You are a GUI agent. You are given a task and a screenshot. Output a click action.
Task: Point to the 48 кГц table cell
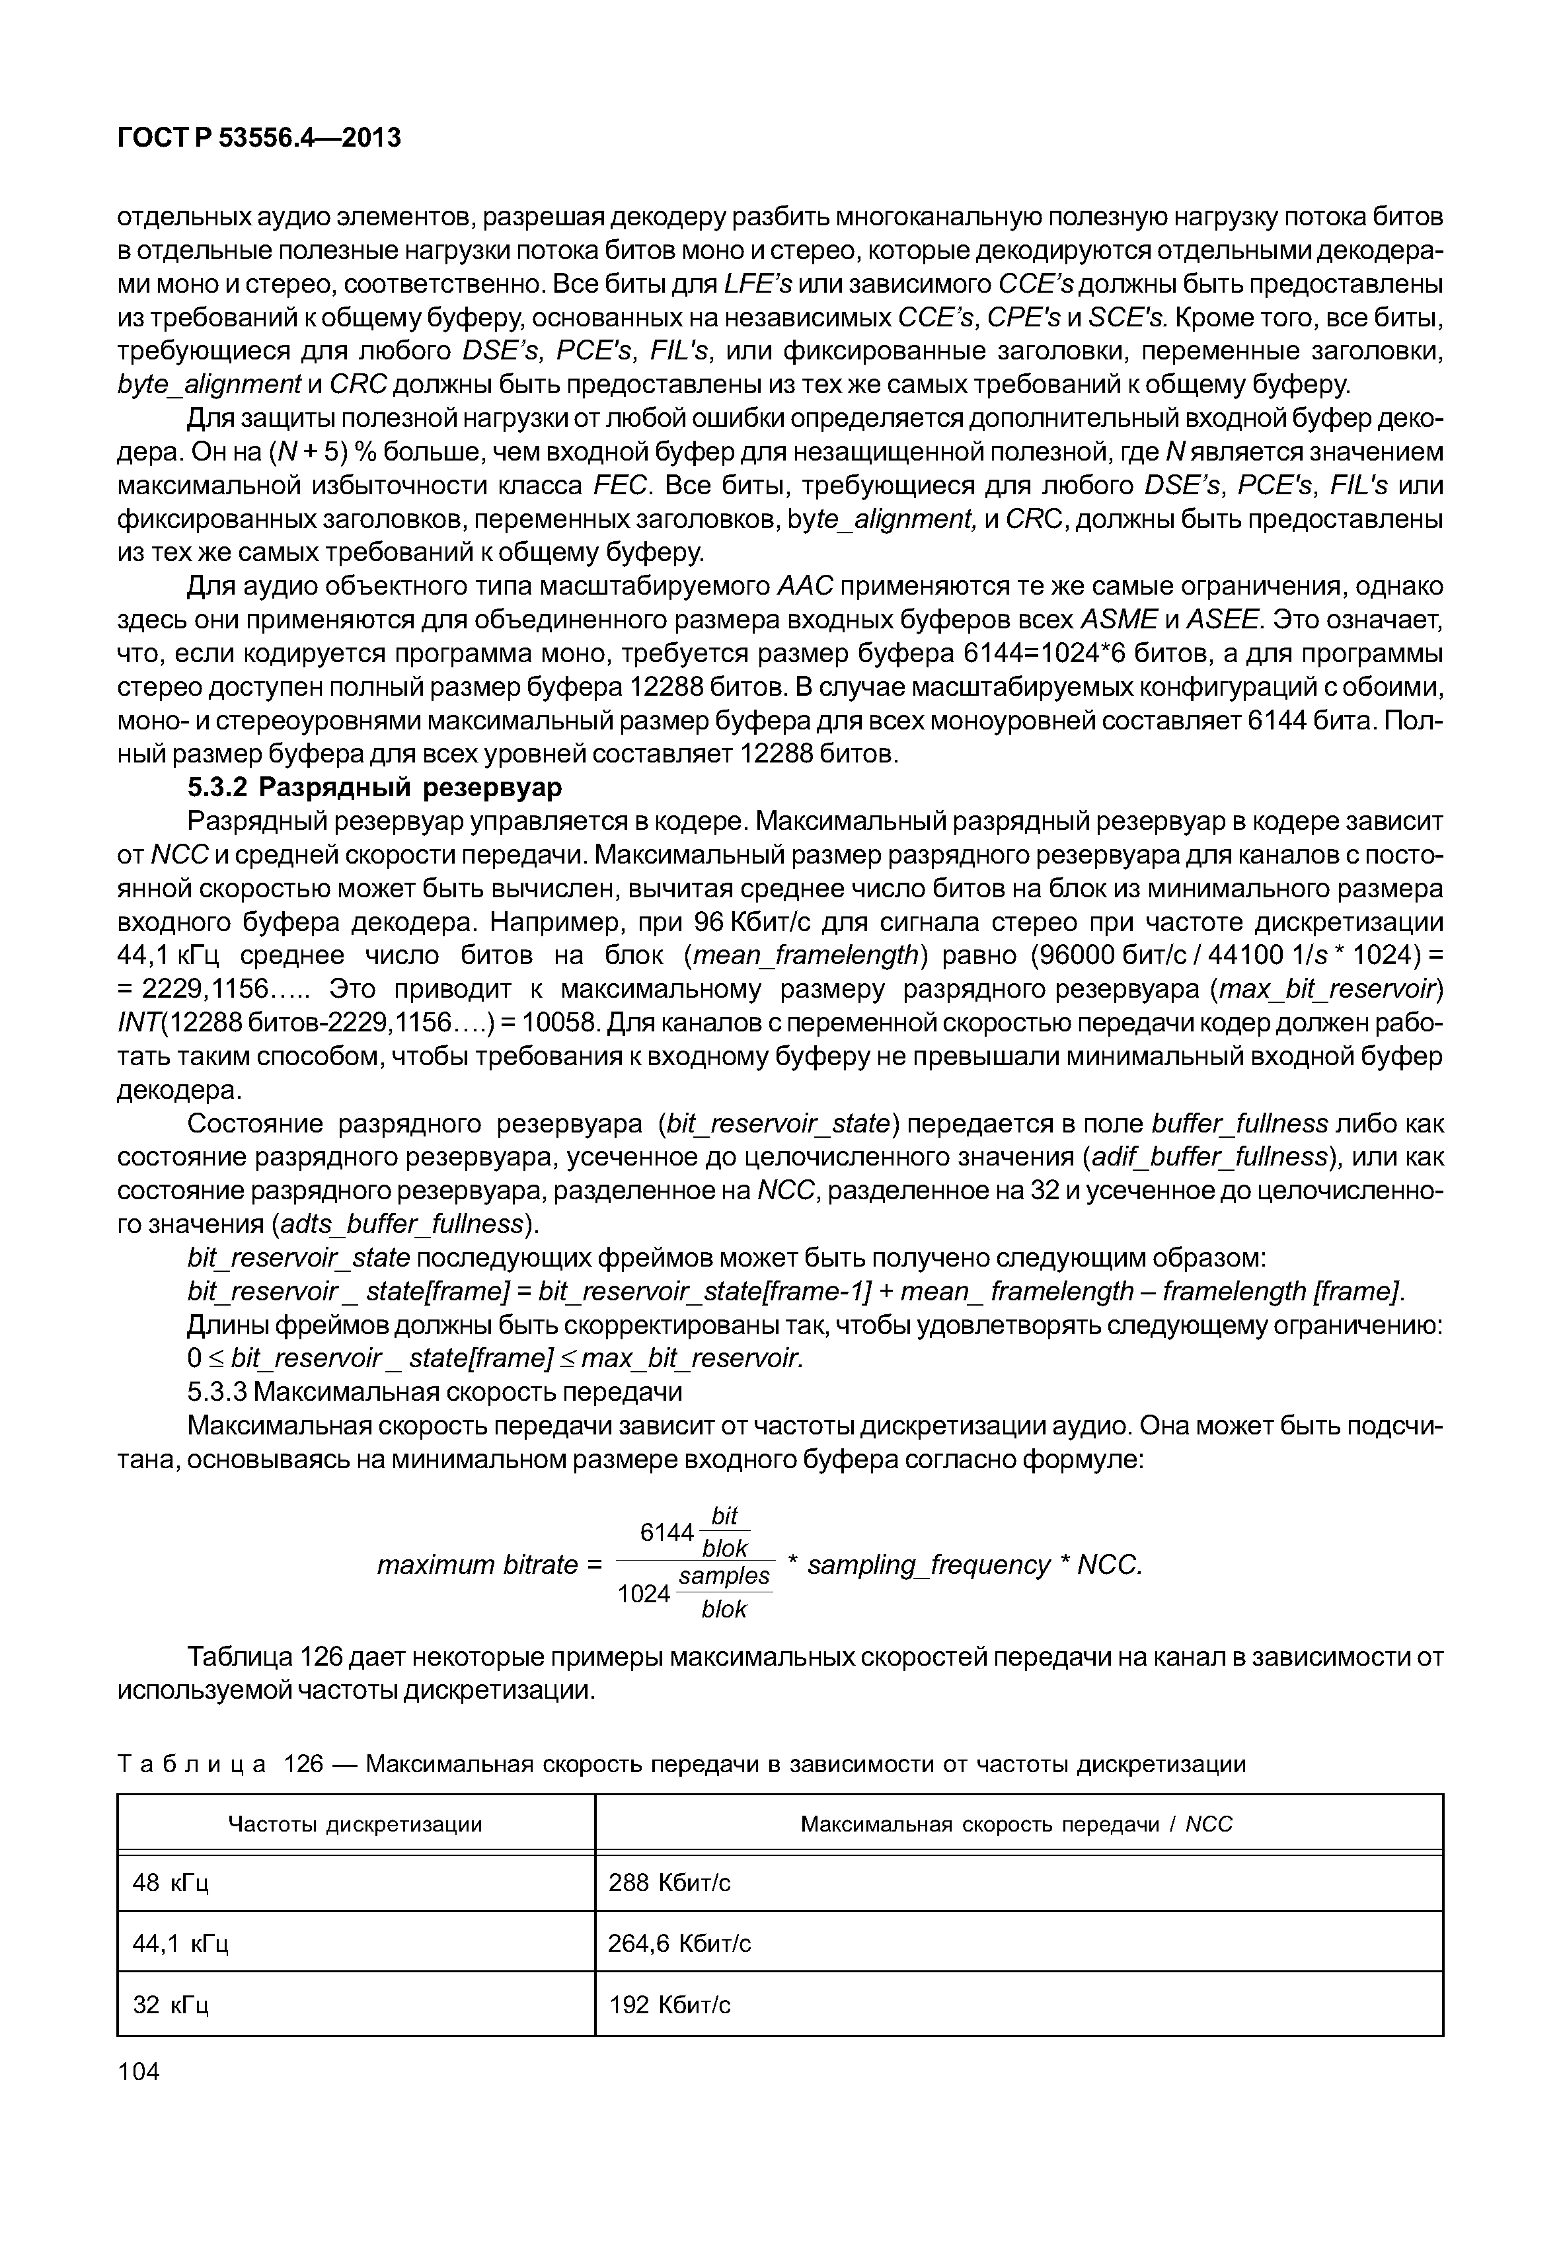(171, 1882)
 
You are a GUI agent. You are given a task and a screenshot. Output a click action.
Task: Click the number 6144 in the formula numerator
(667, 1532)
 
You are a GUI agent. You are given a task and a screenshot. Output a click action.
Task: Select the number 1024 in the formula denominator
(644, 1594)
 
